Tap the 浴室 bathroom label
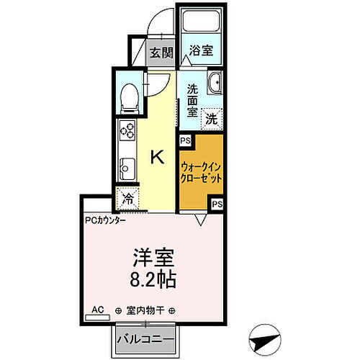[x=200, y=51]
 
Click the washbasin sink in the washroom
[x=214, y=85]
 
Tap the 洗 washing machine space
[x=212, y=117]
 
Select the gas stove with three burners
[x=127, y=131]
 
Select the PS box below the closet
[x=217, y=205]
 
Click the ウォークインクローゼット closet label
[x=201, y=171]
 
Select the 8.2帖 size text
[x=155, y=279]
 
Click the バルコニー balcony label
[x=143, y=338]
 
